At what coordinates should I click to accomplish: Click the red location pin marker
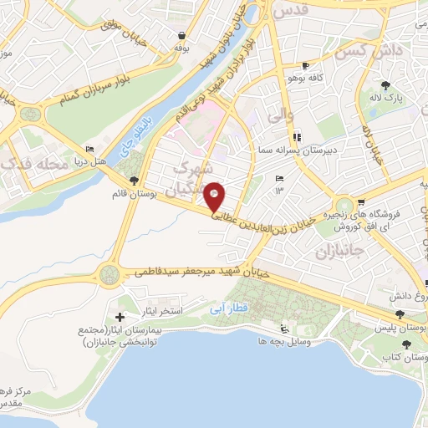(215, 197)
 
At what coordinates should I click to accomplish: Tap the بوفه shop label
(181, 48)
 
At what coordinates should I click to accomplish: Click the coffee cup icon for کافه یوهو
(306, 65)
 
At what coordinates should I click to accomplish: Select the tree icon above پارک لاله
(385, 85)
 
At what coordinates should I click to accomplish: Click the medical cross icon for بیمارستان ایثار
(120, 317)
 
